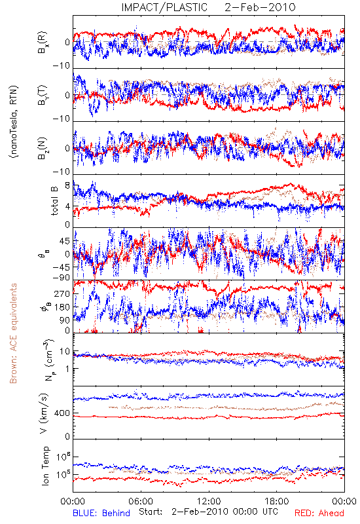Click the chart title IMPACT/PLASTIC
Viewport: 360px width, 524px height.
pyautogui.click(x=164, y=7)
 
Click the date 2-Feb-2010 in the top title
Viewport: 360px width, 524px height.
pyautogui.click(x=260, y=7)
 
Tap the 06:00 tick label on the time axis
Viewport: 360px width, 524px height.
pyautogui.click(x=141, y=501)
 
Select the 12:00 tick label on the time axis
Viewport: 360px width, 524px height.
pyautogui.click(x=209, y=501)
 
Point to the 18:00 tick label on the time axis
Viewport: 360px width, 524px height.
pyautogui.click(x=277, y=501)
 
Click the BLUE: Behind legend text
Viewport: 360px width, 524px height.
pyautogui.click(x=101, y=513)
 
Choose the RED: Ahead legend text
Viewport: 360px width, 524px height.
pyautogui.click(x=319, y=513)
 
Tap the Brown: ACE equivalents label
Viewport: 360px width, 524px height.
pyautogui.click(x=13, y=333)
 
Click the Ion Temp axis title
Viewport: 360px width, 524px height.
pyautogui.click(x=45, y=466)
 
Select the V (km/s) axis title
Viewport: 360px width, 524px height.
pyautogui.click(x=44, y=413)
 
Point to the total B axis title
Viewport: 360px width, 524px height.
pyautogui.click(x=54, y=201)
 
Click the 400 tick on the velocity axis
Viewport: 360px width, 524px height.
pyautogui.click(x=62, y=413)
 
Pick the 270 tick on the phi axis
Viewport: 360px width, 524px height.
pyautogui.click(x=62, y=293)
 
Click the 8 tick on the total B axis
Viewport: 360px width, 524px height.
pyautogui.click(x=67, y=185)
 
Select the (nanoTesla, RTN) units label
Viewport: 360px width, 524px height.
pyautogui.click(x=14, y=122)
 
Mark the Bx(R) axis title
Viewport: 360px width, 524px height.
pyautogui.click(x=43, y=43)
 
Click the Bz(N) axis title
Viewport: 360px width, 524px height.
pyautogui.click(x=43, y=148)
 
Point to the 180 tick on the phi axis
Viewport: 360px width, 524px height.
pyautogui.click(x=62, y=307)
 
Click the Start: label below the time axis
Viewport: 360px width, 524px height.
pyautogui.click(x=151, y=512)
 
